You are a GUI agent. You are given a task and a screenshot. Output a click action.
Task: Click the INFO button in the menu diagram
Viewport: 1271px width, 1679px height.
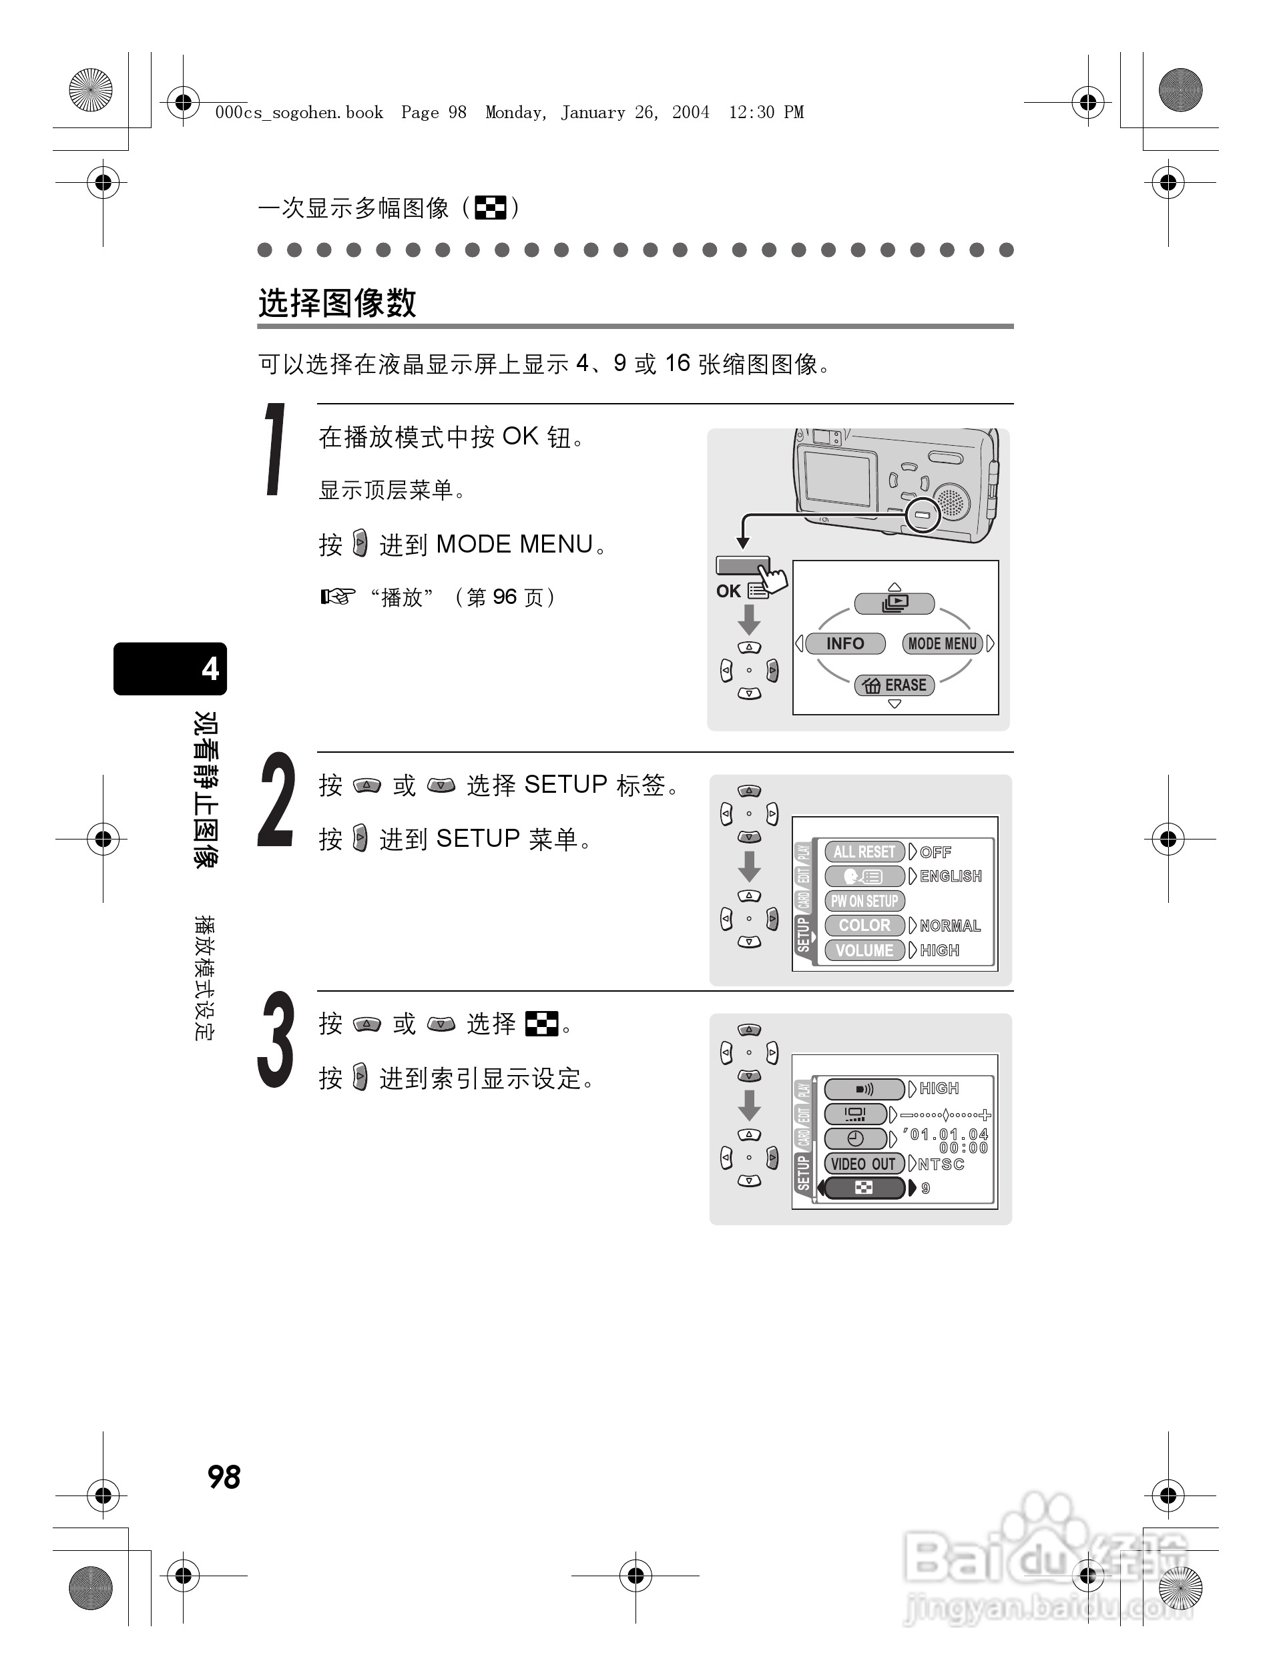[x=844, y=644]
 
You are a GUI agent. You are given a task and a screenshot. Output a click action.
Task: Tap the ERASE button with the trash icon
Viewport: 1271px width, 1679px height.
[x=895, y=685]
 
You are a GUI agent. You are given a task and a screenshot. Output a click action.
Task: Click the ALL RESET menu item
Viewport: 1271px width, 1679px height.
[x=864, y=852]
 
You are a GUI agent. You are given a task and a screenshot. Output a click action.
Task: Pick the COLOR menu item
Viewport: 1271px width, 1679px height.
[x=864, y=926]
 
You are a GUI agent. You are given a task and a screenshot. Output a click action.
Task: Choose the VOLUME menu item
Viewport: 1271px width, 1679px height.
[x=864, y=950]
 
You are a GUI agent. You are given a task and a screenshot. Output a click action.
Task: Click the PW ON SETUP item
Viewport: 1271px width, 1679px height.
[x=864, y=901]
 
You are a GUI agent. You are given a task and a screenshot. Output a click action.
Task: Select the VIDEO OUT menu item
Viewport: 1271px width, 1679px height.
[x=862, y=1164]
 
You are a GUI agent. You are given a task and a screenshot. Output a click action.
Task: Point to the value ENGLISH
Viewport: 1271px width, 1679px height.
[x=951, y=876]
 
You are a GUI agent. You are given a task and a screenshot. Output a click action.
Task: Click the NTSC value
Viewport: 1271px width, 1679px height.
[x=941, y=1164]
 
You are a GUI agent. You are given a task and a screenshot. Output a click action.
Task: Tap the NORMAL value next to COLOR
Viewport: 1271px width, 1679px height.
[x=950, y=926]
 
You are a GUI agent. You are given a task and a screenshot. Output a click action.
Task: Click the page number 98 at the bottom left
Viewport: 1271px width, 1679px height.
[x=224, y=1477]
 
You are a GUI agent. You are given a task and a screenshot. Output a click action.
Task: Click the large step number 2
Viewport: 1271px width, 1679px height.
[x=276, y=801]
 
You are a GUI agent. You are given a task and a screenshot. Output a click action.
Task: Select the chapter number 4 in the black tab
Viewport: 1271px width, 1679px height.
[x=210, y=669]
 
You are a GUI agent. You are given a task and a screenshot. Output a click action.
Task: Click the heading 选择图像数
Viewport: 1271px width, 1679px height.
[x=337, y=303]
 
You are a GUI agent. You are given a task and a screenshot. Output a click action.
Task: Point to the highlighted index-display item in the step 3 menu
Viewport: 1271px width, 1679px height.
[x=864, y=1188]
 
